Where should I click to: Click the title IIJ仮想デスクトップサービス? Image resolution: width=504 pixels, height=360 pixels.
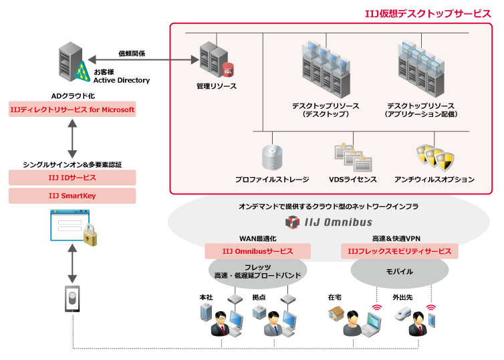click(x=428, y=13)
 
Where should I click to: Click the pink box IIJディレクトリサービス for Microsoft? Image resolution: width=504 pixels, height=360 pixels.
click(x=72, y=110)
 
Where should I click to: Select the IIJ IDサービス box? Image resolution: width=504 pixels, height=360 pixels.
click(x=72, y=178)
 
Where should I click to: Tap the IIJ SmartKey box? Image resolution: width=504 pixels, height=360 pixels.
click(x=72, y=196)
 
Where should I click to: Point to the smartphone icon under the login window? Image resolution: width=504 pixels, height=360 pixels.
click(x=72, y=299)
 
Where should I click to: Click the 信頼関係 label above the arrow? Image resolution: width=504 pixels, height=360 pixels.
click(x=132, y=53)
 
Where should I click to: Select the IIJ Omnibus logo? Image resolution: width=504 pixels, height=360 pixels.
click(x=327, y=222)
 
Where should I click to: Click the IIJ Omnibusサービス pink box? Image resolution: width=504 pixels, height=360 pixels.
click(x=258, y=251)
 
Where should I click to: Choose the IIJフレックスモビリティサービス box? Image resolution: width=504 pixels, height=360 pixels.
click(x=400, y=251)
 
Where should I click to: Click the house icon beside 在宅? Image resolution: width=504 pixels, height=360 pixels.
click(x=338, y=313)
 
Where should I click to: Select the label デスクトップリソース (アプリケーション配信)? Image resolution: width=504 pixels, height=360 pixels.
click(x=421, y=110)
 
